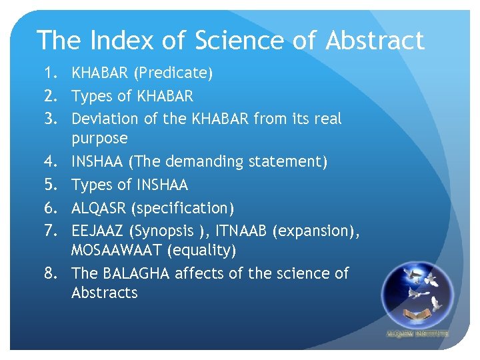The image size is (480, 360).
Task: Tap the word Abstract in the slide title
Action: (375, 41)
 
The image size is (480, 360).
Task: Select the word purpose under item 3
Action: (99, 139)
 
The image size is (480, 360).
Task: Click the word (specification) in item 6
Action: (183, 208)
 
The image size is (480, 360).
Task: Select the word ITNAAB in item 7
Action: (241, 231)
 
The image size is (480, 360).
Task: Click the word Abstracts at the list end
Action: (104, 293)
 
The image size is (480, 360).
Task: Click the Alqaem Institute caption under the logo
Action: (417, 333)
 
